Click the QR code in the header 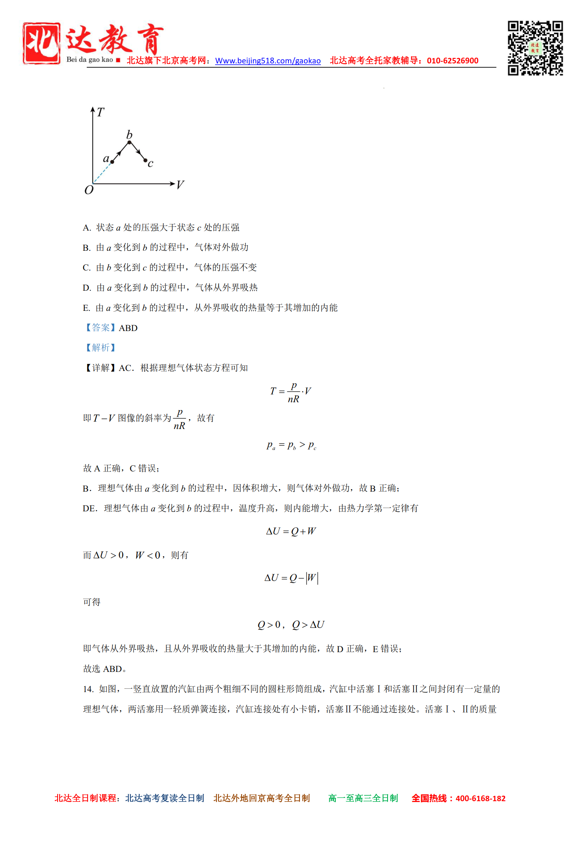[535, 48]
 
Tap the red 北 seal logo [42, 43]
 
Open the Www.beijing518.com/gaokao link [268, 61]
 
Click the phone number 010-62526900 [453, 61]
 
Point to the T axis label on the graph [101, 112]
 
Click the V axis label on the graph [180, 185]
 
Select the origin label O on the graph [89, 190]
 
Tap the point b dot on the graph [129, 142]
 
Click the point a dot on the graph [112, 162]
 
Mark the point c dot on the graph [146, 160]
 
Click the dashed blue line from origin [102, 173]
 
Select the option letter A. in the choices [87, 228]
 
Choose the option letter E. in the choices [86, 308]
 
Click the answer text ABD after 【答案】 [128, 328]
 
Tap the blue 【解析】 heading [101, 348]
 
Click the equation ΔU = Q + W [291, 532]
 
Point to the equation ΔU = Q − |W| [291, 578]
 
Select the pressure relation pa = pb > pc [291, 445]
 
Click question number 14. [88, 689]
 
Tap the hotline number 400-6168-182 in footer [481, 799]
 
